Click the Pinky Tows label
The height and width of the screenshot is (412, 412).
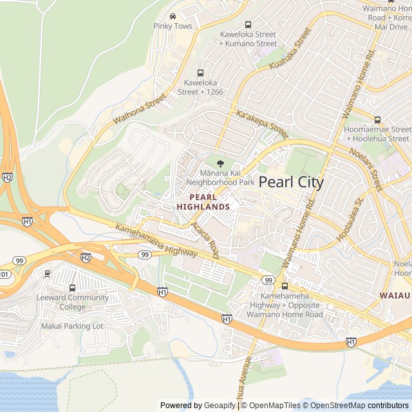[173, 26]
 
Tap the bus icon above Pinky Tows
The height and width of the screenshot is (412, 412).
[173, 16]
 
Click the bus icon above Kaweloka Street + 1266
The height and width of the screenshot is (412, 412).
[200, 73]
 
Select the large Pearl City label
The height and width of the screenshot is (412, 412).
[291, 182]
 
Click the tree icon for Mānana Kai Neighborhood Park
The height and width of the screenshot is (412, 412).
[220, 163]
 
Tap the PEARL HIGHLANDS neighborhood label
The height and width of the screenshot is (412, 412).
[203, 201]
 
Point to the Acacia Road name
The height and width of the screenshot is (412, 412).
[205, 241]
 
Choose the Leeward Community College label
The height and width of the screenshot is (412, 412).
[73, 302]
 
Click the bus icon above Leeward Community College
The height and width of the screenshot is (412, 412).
[72, 288]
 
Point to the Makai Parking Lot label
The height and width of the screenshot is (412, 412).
[72, 326]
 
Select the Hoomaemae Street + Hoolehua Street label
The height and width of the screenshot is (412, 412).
[377, 133]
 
